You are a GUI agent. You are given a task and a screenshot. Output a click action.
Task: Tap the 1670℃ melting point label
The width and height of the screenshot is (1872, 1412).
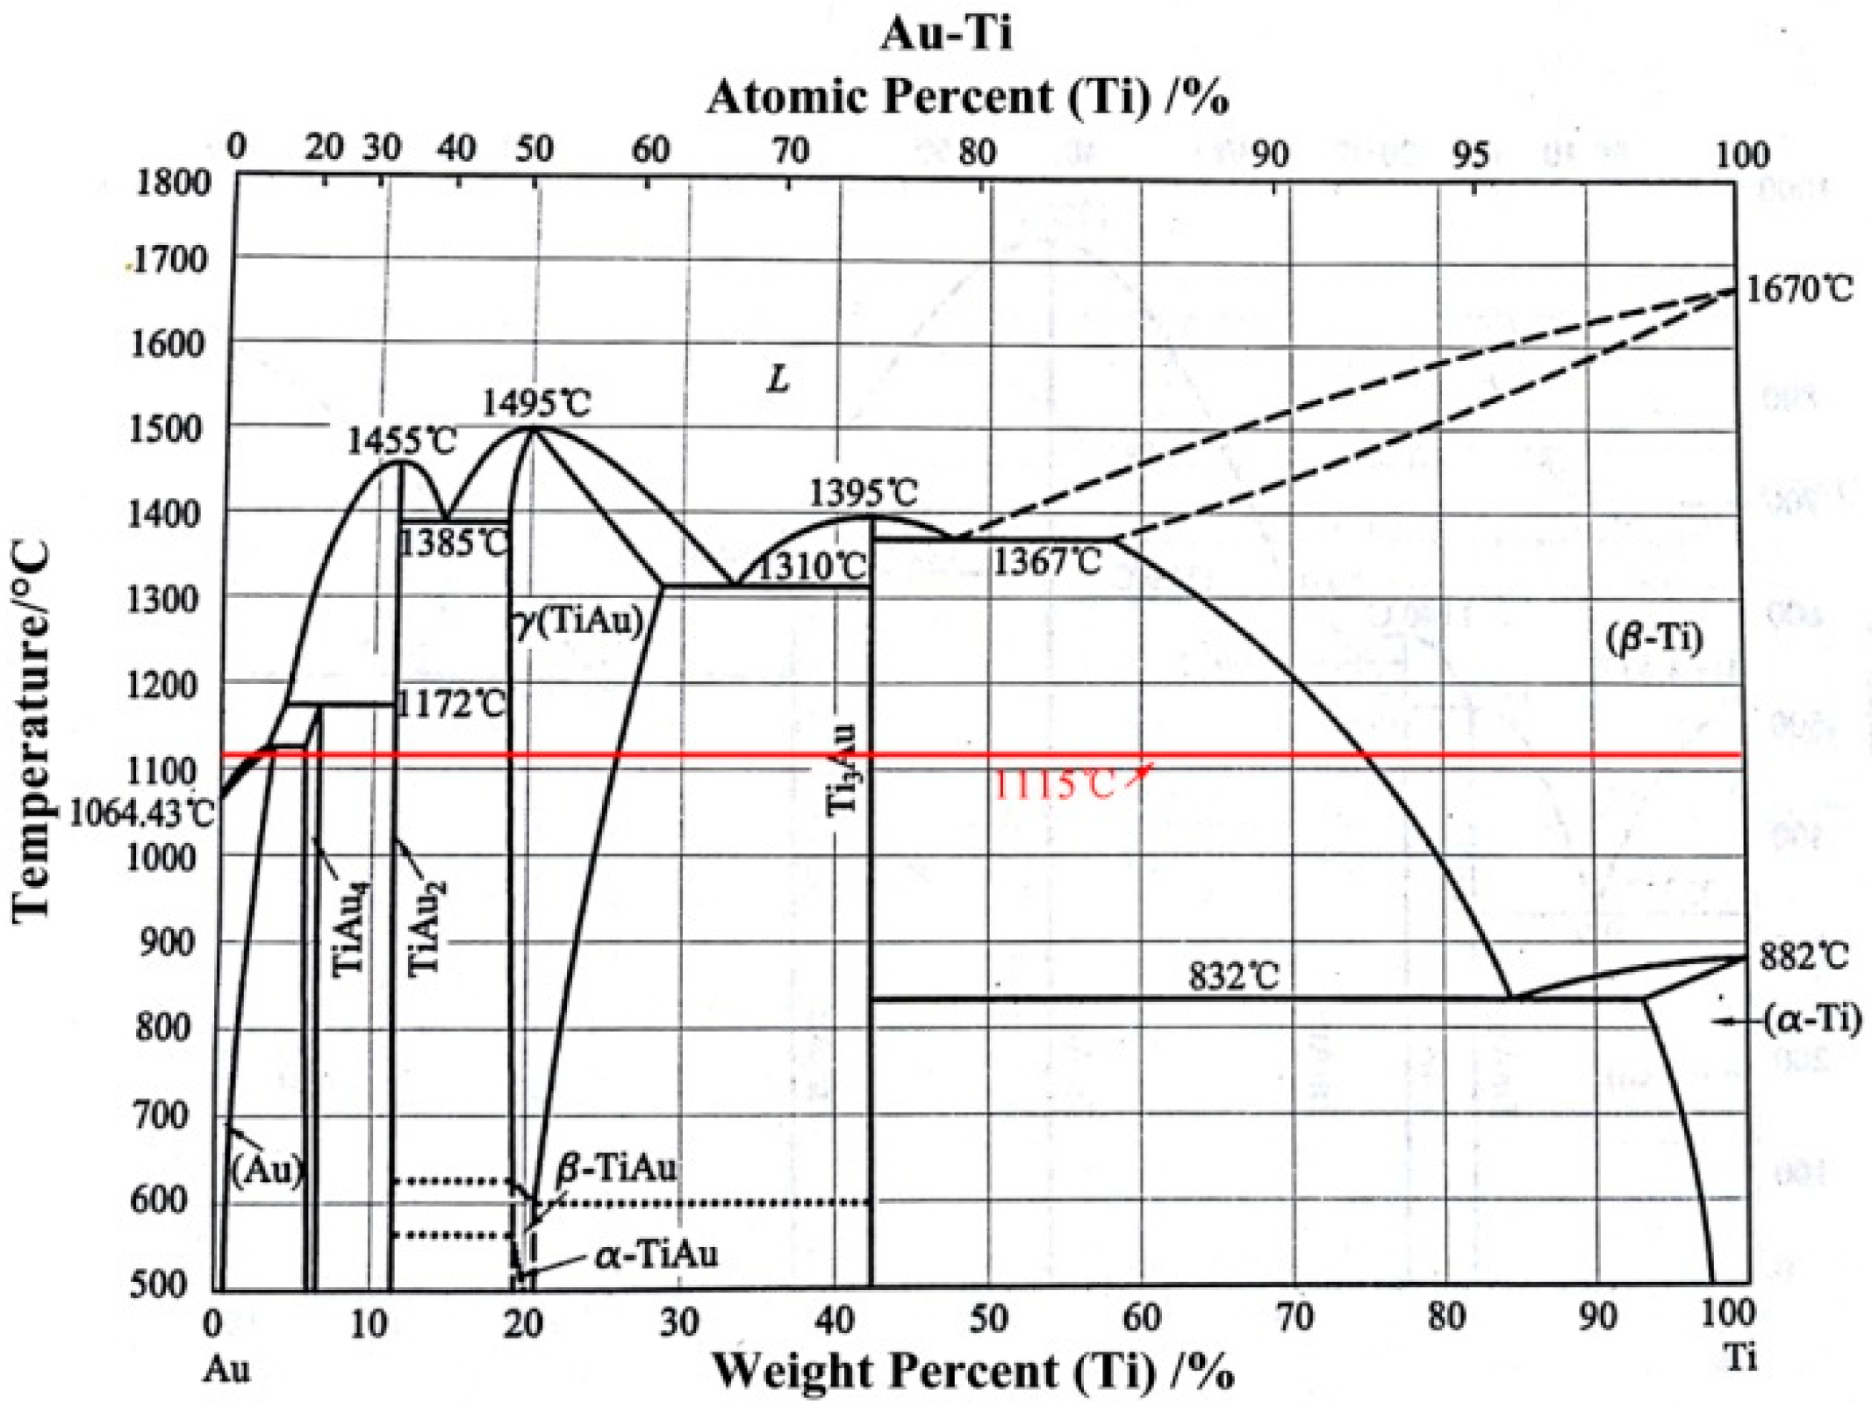[x=1798, y=289]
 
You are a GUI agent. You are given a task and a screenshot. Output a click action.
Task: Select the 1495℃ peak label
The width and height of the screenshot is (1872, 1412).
[x=537, y=403]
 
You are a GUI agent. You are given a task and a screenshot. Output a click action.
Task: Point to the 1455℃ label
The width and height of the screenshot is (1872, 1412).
[x=401, y=441]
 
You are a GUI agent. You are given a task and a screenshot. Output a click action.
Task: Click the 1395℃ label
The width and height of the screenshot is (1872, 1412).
[x=863, y=493]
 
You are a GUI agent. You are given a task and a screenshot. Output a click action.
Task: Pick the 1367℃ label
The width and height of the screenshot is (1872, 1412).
[x=1046, y=562]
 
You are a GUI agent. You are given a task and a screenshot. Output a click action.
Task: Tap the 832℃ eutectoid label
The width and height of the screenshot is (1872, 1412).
[x=1233, y=976]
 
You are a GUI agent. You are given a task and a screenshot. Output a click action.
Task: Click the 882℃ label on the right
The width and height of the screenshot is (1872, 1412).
[x=1804, y=956]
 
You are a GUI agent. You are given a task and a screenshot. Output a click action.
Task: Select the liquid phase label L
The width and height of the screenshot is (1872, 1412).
[x=778, y=379]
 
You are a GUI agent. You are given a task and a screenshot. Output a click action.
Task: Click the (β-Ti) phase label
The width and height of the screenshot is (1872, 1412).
[x=1653, y=638]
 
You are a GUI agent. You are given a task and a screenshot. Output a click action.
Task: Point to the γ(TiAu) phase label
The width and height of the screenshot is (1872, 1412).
[x=579, y=622]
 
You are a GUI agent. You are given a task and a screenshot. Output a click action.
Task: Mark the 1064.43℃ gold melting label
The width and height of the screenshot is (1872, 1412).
[x=140, y=813]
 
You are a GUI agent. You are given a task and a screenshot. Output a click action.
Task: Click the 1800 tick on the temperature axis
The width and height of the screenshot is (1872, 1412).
[x=173, y=183]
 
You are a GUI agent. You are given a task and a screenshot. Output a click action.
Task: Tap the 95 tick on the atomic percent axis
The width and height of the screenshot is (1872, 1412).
[x=1470, y=155]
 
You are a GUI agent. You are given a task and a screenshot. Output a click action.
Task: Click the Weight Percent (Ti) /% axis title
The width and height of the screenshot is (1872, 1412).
[x=972, y=1372]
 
